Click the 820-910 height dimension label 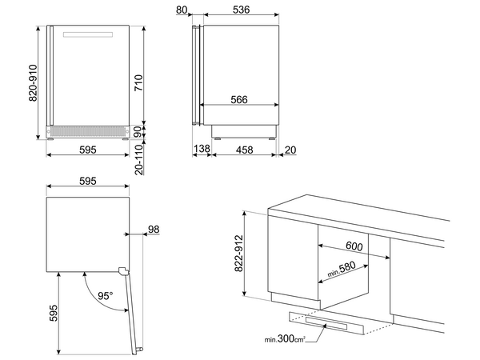tap(33, 82)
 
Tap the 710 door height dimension tap(138, 82)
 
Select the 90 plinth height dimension tap(138, 132)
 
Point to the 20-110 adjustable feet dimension tap(139, 159)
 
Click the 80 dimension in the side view tap(182, 10)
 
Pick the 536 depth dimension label tap(242, 10)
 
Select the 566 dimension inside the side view tap(239, 99)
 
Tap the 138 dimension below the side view tap(202, 149)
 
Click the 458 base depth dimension tap(244, 150)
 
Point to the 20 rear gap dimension tap(290, 150)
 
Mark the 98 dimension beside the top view tap(154, 230)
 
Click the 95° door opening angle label tap(106, 296)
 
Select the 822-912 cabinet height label tap(238, 253)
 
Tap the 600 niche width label tap(354, 246)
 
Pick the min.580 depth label tap(342, 269)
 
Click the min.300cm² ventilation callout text tap(285, 339)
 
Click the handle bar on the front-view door tap(88, 34)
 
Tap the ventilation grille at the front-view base tap(87, 132)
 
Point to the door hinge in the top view tap(123, 270)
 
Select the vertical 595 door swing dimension tap(54, 313)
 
